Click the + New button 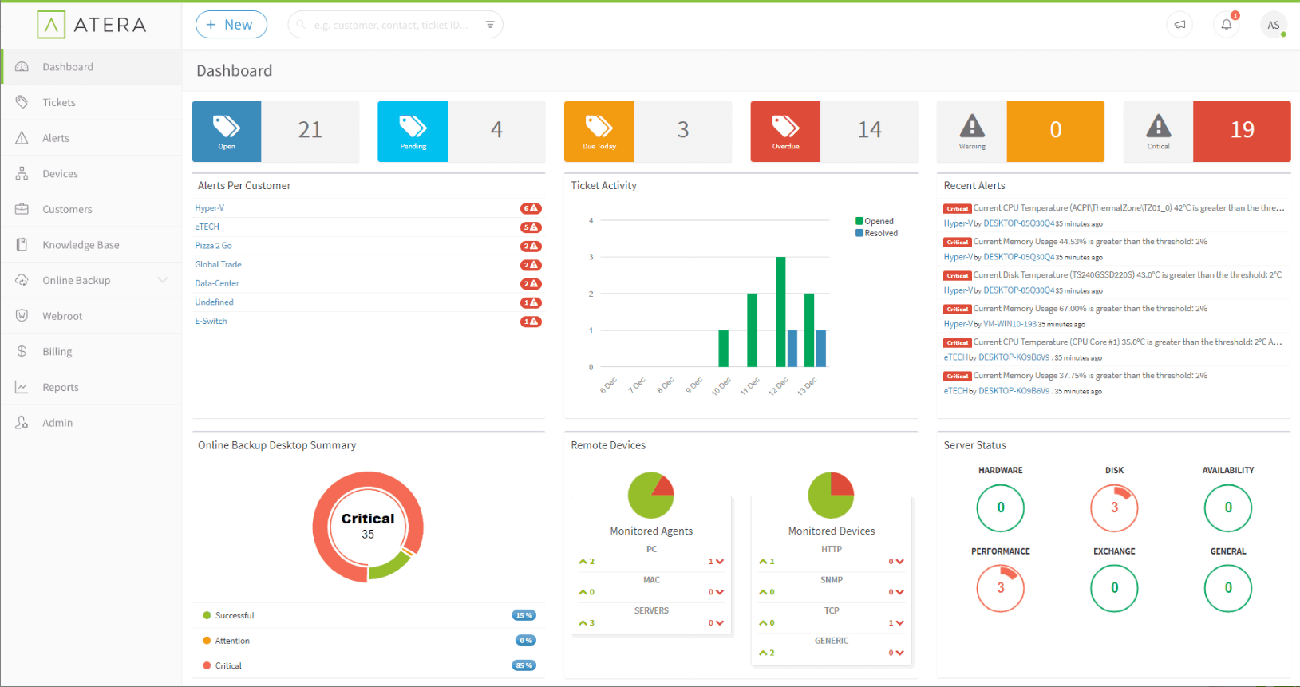point(231,25)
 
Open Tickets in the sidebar point(59,102)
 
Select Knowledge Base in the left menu point(81,245)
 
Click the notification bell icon point(1227,25)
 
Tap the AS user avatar point(1273,25)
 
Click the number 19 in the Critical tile point(1242,130)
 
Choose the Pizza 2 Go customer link point(213,246)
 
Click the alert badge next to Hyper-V point(531,208)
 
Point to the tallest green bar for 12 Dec point(780,311)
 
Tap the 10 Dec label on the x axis point(721,386)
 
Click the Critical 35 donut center point(368,526)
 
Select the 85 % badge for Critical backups point(524,665)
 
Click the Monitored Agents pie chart point(651,496)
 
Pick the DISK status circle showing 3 point(1114,507)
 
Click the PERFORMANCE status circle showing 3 point(1000,588)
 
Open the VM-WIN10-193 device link point(1010,324)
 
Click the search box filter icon point(490,25)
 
